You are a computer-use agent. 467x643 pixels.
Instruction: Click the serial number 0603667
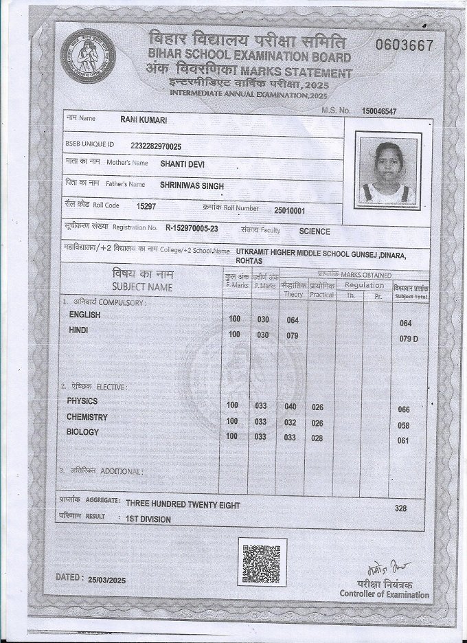[x=404, y=45]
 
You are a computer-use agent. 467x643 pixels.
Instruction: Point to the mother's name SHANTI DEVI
[x=182, y=164]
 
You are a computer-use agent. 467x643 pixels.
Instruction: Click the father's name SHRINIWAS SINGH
[x=192, y=185]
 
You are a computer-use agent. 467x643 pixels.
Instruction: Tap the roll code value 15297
[x=146, y=206]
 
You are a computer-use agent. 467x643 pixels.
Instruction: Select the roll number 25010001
[x=289, y=211]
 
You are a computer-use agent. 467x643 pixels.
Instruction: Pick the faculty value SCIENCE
[x=315, y=232]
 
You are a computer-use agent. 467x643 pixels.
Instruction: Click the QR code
[x=262, y=561]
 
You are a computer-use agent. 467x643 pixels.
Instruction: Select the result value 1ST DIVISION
[x=148, y=519]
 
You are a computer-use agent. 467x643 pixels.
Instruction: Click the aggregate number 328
[x=401, y=508]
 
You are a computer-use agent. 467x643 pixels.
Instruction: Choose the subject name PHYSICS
[x=82, y=401]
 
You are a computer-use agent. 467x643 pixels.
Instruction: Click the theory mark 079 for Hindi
[x=292, y=336]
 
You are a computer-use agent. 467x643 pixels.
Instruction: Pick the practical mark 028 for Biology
[x=317, y=438]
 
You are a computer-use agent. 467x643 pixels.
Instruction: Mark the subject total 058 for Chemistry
[x=404, y=426]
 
